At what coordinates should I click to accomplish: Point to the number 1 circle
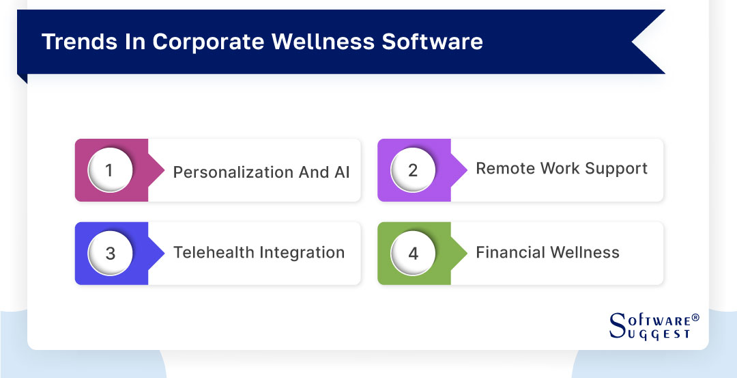click(110, 170)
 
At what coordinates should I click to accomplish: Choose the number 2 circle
click(412, 170)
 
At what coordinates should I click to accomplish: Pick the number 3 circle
click(110, 253)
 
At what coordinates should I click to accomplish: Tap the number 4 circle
click(412, 253)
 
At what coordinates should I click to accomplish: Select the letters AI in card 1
click(341, 172)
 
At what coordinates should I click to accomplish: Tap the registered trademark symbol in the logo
click(695, 318)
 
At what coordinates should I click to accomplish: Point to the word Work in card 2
click(562, 169)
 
